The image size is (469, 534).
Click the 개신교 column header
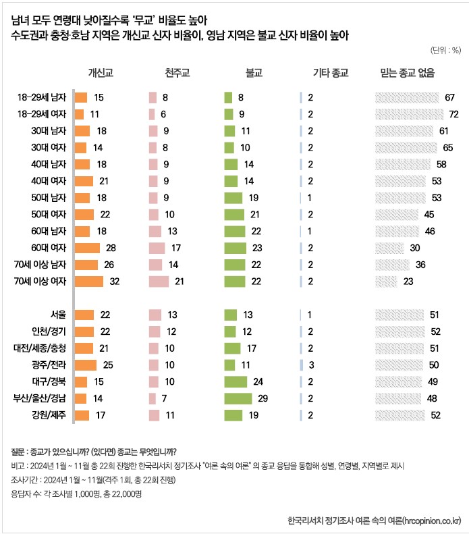[x=99, y=72]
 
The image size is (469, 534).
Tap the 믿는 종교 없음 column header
[x=408, y=72]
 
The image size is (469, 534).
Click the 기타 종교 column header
[x=330, y=72]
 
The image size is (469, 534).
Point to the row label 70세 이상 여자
[x=38, y=281]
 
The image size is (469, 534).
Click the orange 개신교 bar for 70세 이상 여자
[x=89, y=281]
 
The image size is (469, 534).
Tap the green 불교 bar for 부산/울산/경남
[x=238, y=398]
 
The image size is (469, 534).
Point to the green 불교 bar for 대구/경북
[x=236, y=382]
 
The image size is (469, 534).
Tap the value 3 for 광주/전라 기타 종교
[x=311, y=365]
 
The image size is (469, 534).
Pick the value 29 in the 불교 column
[x=263, y=398]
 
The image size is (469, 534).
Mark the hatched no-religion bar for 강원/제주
[x=400, y=415]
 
